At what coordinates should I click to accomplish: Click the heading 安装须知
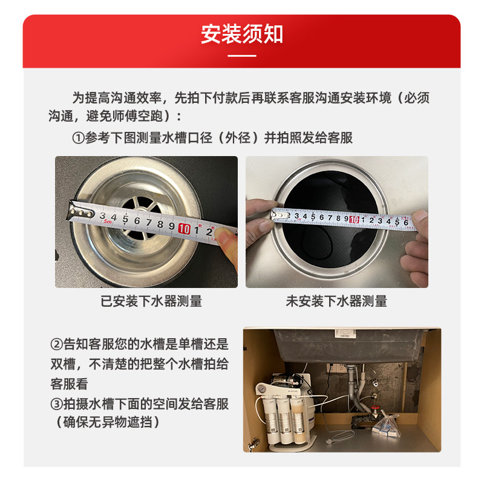pos(242,34)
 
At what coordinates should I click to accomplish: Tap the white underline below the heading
pos(242,56)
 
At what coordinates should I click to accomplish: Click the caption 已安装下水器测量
pos(151,301)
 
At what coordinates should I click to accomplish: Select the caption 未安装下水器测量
pos(336,301)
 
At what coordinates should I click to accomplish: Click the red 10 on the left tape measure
pos(185,229)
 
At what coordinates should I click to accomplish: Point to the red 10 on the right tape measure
pos(354,219)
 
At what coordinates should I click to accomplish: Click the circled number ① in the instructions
pos(78,138)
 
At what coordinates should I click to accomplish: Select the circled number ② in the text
pos(57,344)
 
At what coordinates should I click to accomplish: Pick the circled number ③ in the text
pos(57,404)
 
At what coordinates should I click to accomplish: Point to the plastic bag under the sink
pos(387,424)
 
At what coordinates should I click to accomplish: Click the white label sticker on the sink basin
pos(345,333)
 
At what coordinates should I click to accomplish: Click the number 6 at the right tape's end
pos(406,222)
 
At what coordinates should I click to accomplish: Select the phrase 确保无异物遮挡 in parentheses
pos(108,422)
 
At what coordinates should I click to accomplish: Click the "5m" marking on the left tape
pos(108,221)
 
